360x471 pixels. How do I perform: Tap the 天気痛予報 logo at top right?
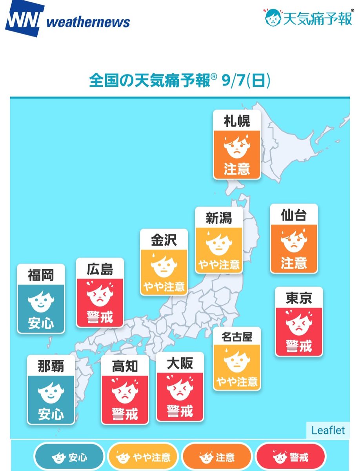(x=308, y=18)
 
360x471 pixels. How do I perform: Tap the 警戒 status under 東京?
(x=299, y=346)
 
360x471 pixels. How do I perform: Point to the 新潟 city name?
(x=219, y=218)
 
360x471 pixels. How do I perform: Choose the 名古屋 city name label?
(x=237, y=337)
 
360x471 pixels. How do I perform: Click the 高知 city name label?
(x=125, y=366)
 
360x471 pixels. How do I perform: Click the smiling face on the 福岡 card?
(x=41, y=301)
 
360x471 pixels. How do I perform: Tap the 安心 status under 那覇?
(x=51, y=414)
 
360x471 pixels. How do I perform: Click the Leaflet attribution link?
(x=328, y=430)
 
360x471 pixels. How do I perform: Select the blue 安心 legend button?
(x=69, y=457)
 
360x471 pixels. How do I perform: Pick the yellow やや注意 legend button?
(x=143, y=457)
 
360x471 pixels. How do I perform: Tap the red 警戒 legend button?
(x=290, y=457)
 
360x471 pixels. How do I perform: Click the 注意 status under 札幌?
(x=237, y=170)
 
